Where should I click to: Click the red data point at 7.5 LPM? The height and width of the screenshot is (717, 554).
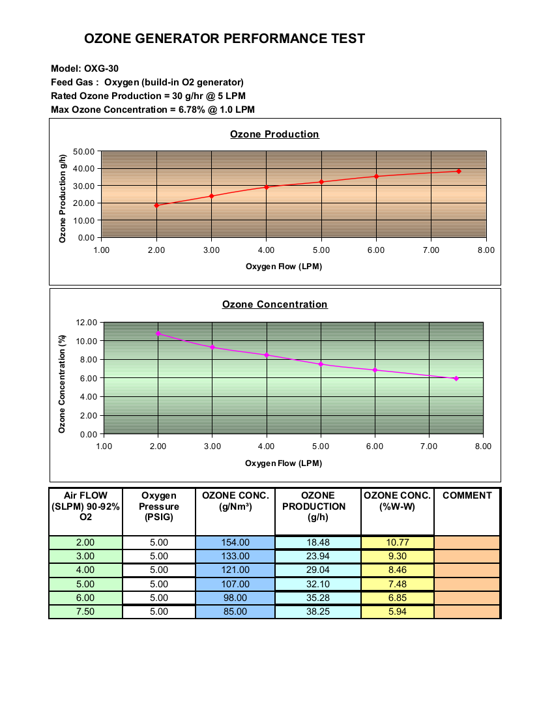(x=458, y=171)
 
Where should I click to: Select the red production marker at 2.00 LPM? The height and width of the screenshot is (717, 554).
(x=157, y=205)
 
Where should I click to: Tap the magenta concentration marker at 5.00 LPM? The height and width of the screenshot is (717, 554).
(x=321, y=364)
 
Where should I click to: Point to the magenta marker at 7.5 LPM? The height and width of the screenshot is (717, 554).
(x=456, y=379)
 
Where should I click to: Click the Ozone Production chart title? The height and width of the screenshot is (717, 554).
(x=274, y=134)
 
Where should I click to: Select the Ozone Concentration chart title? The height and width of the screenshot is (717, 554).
(x=274, y=304)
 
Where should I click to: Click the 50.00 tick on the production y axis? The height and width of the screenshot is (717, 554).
(x=83, y=151)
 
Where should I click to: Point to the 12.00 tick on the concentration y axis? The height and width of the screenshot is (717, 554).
(x=87, y=323)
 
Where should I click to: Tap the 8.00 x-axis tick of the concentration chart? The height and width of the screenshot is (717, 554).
(x=483, y=446)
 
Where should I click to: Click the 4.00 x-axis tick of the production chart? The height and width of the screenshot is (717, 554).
(x=266, y=250)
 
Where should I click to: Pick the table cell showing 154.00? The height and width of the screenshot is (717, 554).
(x=235, y=542)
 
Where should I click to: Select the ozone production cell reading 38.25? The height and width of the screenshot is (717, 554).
(x=318, y=611)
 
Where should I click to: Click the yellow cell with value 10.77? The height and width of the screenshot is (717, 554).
(x=397, y=542)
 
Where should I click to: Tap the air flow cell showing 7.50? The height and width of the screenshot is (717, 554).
(x=85, y=611)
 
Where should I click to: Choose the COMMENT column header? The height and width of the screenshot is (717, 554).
(x=467, y=495)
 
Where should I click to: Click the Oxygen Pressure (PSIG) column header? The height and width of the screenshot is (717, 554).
(x=159, y=506)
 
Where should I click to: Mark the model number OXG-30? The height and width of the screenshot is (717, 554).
(x=101, y=68)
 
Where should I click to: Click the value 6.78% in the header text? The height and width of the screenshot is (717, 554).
(x=192, y=110)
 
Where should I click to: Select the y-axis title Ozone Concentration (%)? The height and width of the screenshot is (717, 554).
(x=62, y=384)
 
